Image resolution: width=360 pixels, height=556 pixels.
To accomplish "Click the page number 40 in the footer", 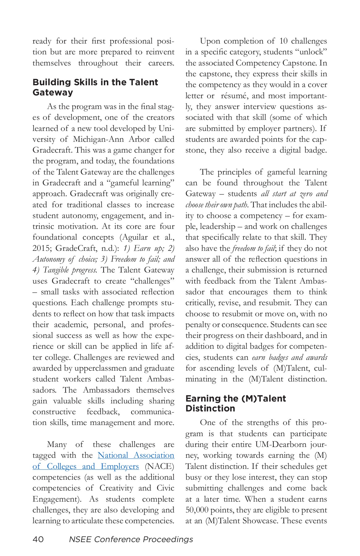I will pos(38,539).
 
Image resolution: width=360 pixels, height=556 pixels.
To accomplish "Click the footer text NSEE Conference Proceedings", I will pos(131,539).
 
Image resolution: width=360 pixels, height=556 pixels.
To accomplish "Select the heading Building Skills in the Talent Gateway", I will pos(95,87).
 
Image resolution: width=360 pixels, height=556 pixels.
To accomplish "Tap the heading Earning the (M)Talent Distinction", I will pos(235,403).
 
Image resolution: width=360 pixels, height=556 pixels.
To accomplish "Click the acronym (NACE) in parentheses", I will pos(159,466).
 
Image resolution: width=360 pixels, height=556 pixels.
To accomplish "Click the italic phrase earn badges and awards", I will pos(290,357).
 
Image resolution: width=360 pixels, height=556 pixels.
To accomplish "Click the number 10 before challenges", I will pos(283,41).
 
